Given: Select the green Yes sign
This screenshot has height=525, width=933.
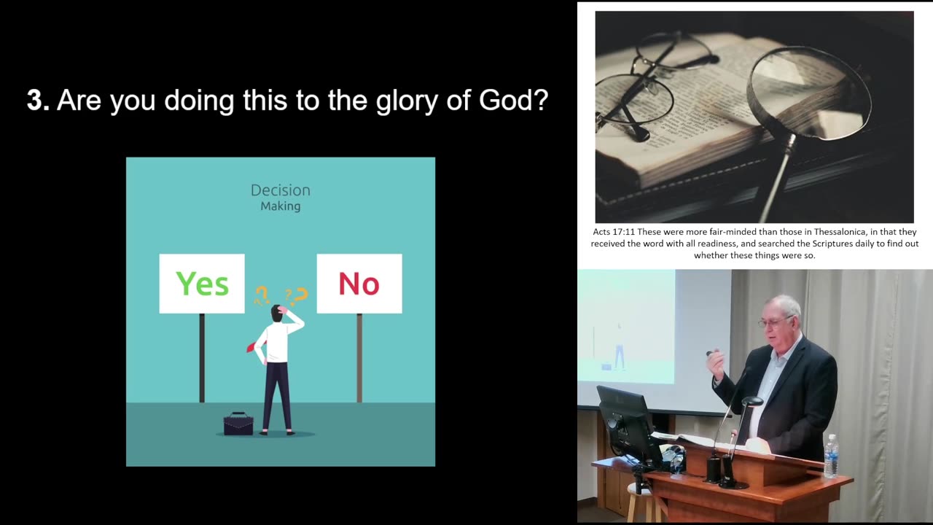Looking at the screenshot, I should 202,284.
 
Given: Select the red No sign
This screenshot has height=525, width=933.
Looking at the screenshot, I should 359,284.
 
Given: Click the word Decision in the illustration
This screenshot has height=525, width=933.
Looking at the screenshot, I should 281,190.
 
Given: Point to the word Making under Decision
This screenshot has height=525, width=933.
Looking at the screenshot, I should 281,206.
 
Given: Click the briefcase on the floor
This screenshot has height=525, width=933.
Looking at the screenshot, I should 238,424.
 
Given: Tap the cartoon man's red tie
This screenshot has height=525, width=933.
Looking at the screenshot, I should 252,346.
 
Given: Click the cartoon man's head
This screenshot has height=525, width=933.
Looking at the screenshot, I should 278,313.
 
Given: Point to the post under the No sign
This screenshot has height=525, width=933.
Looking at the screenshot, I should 359,357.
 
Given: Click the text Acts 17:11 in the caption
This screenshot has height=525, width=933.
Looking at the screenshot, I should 614,232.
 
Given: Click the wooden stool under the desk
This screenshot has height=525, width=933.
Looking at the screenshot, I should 641,503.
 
